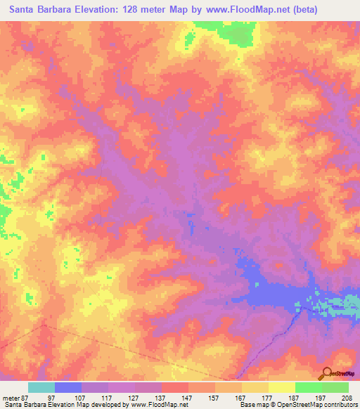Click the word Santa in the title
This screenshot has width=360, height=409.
tap(23, 10)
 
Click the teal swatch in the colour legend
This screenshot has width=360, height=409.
tap(41, 387)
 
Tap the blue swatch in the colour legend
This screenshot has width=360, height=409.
tap(68, 387)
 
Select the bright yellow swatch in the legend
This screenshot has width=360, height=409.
tap(282, 387)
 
